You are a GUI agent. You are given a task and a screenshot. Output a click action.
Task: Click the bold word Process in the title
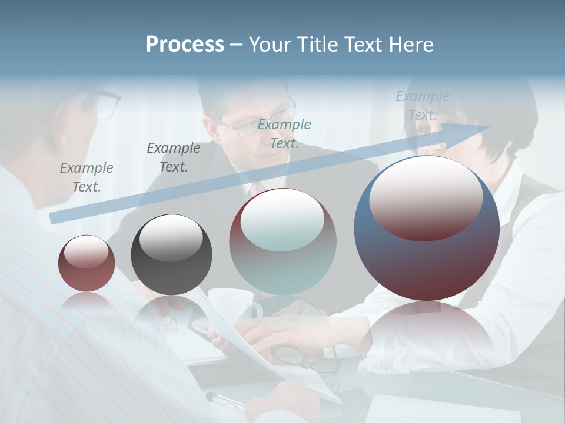(x=185, y=45)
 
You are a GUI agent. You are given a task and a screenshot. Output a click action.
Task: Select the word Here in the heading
(x=410, y=45)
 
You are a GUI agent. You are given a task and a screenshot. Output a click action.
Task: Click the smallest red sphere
(x=87, y=264)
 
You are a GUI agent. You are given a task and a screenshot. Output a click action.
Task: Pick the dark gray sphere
(x=171, y=255)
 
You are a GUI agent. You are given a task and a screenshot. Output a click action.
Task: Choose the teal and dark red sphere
(x=282, y=242)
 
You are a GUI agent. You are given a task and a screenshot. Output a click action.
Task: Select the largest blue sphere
(x=427, y=229)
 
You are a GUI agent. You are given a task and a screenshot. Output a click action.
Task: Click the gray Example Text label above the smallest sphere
(x=87, y=177)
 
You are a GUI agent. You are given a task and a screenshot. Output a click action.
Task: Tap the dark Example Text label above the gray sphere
(x=174, y=157)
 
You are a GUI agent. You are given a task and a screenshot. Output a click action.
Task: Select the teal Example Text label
(x=284, y=133)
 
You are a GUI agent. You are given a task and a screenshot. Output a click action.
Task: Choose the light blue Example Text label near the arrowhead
(x=423, y=105)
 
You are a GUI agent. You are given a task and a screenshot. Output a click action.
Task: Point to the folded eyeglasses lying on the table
(x=306, y=358)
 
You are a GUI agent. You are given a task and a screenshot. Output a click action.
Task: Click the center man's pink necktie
(x=256, y=190)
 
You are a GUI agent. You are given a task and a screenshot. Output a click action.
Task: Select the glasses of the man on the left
(x=108, y=103)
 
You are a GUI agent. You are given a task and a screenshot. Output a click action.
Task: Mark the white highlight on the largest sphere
(x=426, y=197)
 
